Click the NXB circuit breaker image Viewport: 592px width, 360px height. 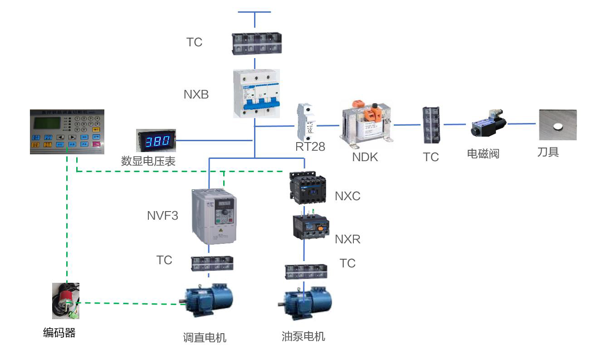click(256, 94)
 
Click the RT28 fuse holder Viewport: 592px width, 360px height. click(305, 122)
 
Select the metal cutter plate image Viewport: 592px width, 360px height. click(558, 124)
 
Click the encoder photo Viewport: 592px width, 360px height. click(66, 301)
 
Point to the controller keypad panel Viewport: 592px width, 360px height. click(67, 132)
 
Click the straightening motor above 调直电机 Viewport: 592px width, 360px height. click(208, 300)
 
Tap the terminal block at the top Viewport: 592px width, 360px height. click(256, 44)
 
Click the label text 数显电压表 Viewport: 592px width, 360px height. click(148, 161)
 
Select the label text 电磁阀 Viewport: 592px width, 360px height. click(483, 154)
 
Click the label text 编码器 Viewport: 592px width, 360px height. click(59, 333)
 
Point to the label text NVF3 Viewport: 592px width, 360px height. click(162, 215)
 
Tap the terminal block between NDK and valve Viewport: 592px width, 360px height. click(430, 125)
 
